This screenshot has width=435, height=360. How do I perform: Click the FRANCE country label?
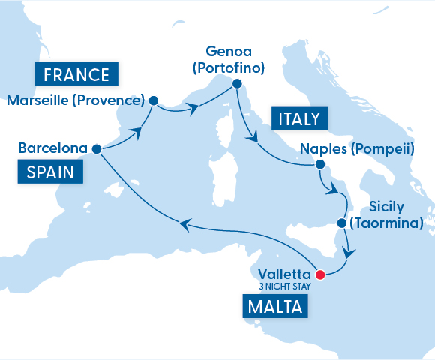[x=76, y=74]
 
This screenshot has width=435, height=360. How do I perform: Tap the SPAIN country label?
[x=49, y=172]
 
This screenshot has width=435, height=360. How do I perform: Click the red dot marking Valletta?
[x=320, y=274]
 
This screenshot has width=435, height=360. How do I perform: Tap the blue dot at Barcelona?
[x=97, y=148]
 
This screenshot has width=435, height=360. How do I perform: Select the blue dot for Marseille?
[x=154, y=100]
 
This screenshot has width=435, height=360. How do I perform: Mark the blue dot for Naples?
[x=319, y=164]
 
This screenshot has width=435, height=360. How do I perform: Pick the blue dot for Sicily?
[x=341, y=223]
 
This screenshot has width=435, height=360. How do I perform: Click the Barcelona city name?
[x=52, y=148]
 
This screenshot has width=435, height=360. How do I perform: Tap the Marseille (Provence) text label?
[x=75, y=100]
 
